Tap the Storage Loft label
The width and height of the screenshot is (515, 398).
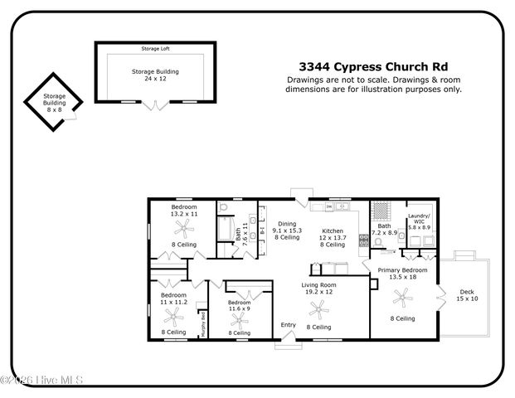tap(155, 50)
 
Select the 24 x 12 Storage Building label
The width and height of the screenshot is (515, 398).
tap(155, 75)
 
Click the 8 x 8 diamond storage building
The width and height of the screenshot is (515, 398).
tap(54, 103)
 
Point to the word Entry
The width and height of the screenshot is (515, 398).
tap(288, 324)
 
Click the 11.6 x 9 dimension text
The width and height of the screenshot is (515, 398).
tap(240, 308)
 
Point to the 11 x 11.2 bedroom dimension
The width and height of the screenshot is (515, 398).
tap(173, 302)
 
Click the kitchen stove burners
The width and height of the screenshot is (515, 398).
tap(362, 241)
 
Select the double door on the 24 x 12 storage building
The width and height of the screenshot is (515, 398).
tap(153, 105)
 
